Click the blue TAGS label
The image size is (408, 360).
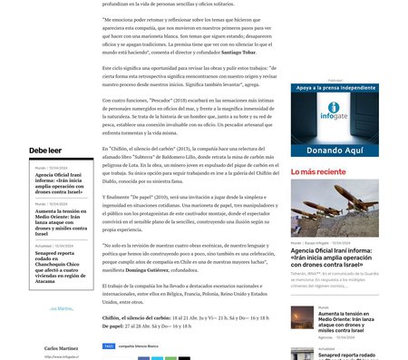pos(109,345)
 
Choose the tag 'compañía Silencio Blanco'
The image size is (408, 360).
pos(139,345)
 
